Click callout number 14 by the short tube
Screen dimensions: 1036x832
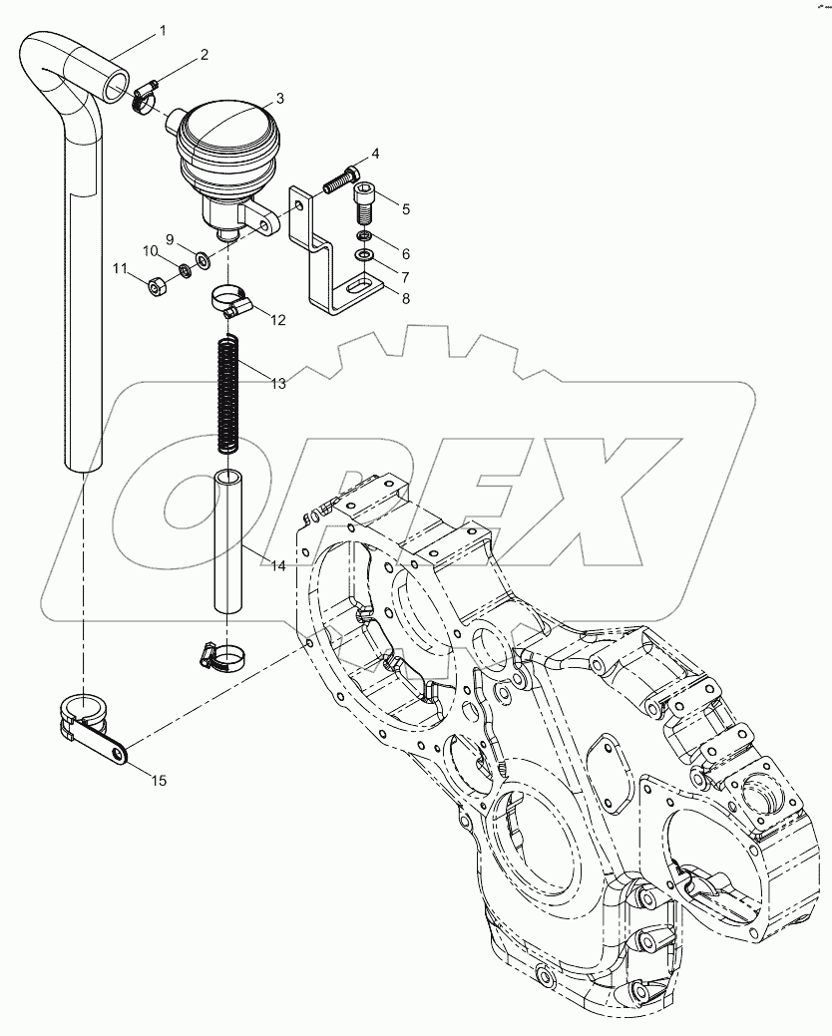(x=277, y=565)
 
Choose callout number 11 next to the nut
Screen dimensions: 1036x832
(x=119, y=268)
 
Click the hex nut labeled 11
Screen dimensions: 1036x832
(x=156, y=287)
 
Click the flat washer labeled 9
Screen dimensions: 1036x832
(x=202, y=260)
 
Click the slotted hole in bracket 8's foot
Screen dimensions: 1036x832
(x=356, y=289)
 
